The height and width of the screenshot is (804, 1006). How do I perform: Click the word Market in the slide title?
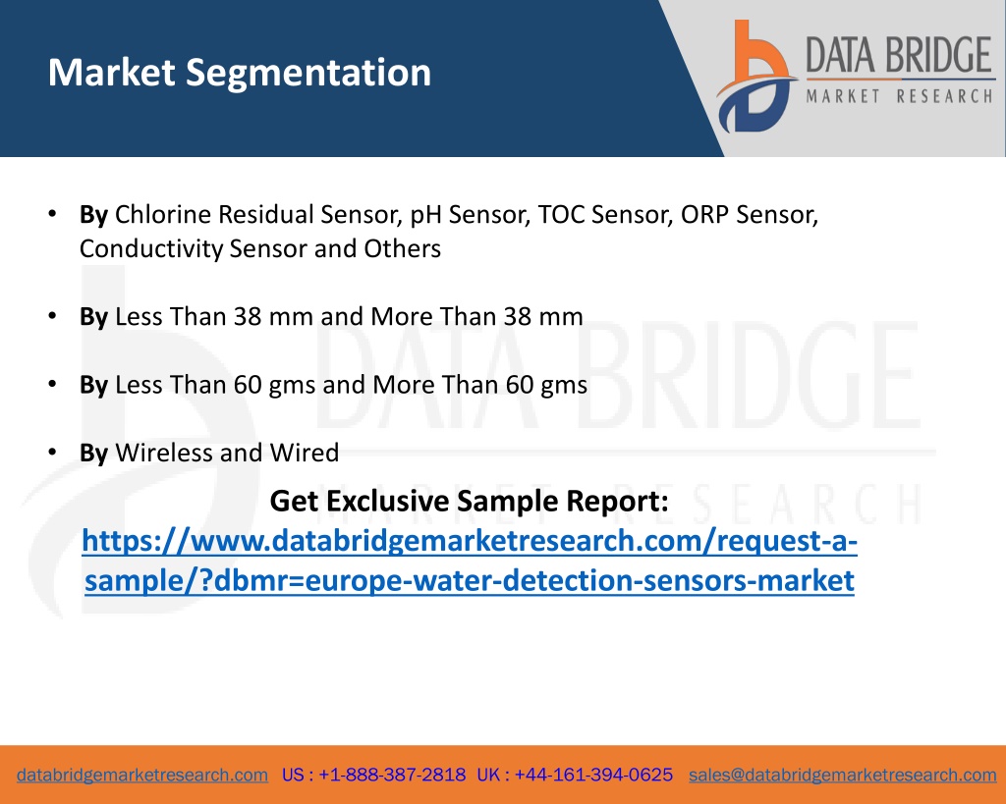coord(112,72)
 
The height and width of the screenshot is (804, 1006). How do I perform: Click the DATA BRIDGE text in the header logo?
coord(899,55)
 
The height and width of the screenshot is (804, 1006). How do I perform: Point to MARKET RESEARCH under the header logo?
coord(899,97)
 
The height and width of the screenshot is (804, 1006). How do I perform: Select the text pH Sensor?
coord(471,215)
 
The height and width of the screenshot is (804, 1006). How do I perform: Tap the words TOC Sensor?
coord(605,215)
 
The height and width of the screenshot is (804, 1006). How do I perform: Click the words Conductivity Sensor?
coord(193,249)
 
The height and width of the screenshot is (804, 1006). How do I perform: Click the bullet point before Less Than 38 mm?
coord(53,316)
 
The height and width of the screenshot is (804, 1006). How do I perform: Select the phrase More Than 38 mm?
coord(476,317)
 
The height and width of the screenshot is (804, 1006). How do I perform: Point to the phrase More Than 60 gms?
coord(479,386)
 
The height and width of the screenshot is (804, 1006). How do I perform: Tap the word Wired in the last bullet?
coord(305,453)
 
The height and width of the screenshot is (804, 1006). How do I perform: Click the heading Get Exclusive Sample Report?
coord(469,501)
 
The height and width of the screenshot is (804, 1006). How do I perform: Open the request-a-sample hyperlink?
coord(470,561)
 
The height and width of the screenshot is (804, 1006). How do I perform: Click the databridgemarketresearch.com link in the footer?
coord(142,776)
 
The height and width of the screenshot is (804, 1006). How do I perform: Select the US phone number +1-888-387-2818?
coord(392,776)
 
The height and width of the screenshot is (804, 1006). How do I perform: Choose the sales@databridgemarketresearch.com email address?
coord(842,776)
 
